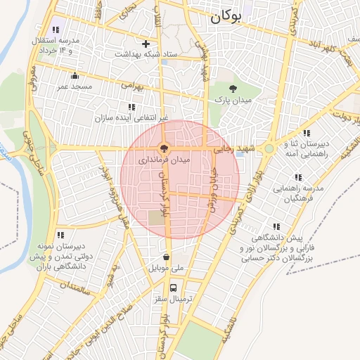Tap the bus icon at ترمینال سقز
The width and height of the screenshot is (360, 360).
pos(174,287)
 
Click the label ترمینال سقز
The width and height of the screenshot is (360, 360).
pos(173,300)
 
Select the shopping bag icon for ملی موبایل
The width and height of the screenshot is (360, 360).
pos(167,257)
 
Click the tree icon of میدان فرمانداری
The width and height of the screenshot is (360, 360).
pos(164,148)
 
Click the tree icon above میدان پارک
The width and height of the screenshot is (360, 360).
pos(234,89)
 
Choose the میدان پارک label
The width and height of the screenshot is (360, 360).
pos(235,101)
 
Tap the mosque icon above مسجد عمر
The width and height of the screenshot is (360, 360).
pos(75,75)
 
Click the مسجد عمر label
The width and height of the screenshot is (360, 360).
pos(75,86)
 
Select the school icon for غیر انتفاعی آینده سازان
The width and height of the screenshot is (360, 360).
pos(131,107)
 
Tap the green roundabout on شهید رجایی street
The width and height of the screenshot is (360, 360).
pos(269,148)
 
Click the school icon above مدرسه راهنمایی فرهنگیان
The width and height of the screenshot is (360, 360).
pos(298,178)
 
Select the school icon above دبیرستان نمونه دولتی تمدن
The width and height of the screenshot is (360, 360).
pos(60,235)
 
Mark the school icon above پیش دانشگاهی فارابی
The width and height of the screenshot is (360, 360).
pos(276,226)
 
